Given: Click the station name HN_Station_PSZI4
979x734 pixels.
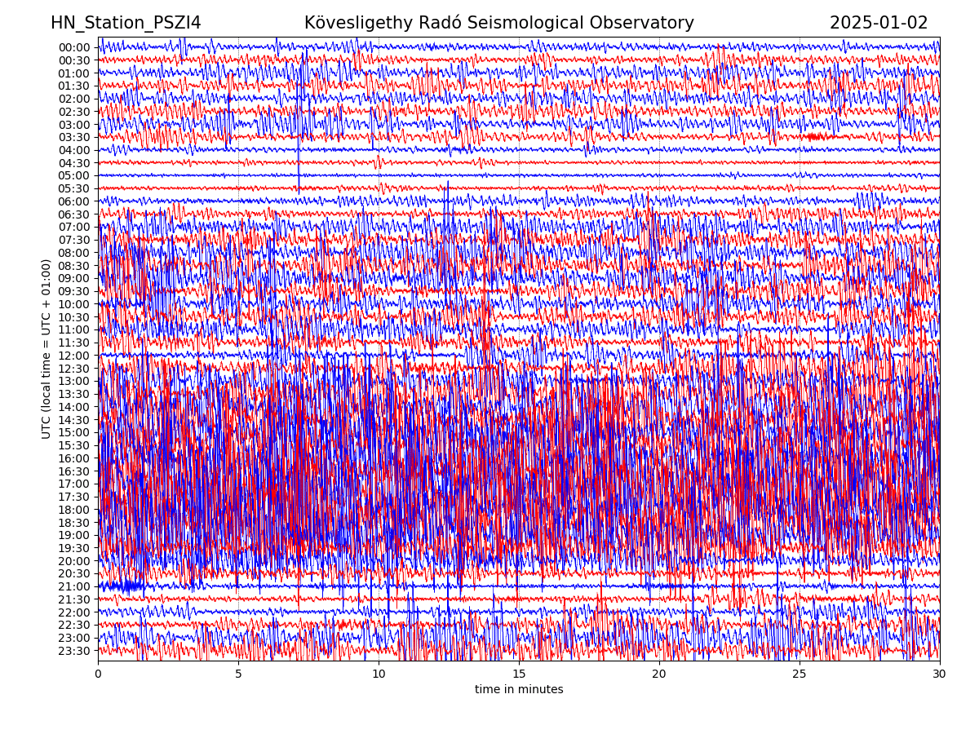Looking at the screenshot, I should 126,23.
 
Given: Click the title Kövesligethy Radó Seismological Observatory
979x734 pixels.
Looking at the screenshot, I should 498,23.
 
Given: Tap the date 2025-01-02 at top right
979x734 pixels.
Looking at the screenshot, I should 879,23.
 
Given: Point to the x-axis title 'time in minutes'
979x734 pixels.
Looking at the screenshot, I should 519,689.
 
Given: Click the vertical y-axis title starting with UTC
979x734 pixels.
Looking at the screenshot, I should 47,348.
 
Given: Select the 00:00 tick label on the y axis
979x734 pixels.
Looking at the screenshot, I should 74,47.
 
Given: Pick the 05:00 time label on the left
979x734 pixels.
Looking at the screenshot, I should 74,175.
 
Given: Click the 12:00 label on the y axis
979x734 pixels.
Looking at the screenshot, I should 74,356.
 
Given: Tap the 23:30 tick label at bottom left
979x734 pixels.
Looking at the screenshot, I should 74,651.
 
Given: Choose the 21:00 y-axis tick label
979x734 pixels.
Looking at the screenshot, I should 74,586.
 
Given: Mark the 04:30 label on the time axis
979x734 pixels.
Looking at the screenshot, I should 74,163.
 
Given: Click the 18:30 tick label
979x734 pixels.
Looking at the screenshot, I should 74,523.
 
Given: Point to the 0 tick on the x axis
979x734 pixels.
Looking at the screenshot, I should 98,674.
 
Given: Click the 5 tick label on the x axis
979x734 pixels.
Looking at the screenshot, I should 238,674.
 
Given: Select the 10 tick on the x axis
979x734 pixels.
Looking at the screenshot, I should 379,674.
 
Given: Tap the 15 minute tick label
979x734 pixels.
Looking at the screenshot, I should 519,674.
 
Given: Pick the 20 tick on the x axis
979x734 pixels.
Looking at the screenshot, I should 659,674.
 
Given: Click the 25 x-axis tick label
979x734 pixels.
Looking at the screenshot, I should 800,674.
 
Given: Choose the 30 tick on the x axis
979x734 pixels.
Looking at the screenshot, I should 940,674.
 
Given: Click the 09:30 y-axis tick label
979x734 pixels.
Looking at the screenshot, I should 74,291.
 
